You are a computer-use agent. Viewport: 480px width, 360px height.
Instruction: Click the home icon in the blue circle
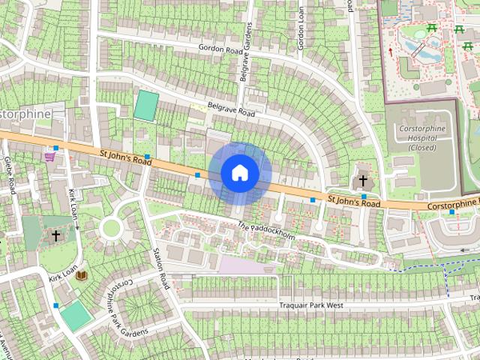pos(240,172)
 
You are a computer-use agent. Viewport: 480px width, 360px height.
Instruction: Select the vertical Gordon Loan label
pos(301,28)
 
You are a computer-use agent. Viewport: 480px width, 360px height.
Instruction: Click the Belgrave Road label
pos(232,109)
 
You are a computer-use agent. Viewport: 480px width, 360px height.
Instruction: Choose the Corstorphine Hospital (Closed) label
pos(423,137)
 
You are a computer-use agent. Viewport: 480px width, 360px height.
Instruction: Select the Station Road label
pos(161,269)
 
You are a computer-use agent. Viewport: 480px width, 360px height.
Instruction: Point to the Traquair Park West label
pos(310,305)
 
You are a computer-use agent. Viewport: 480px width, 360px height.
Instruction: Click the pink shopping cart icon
pos(50,157)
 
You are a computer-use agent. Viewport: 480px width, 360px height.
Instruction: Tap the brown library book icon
pos(82,276)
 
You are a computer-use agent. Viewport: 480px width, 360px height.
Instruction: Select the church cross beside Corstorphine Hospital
pos(363,181)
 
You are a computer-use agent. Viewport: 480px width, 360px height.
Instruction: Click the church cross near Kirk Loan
pos(55,235)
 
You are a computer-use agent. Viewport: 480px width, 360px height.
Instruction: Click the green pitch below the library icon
pos(76,316)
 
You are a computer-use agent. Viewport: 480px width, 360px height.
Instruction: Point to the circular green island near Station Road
pos(111,227)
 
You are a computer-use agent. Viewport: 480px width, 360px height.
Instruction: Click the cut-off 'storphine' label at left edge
pos(25,113)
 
